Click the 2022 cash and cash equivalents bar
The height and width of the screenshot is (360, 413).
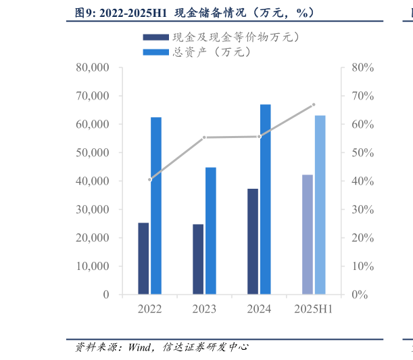pyautogui.click(x=143, y=258)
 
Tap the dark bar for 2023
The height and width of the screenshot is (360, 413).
pyautogui.click(x=198, y=259)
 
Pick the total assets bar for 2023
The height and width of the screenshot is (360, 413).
pyautogui.click(x=211, y=231)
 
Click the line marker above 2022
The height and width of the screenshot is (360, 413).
pyautogui.click(x=149, y=179)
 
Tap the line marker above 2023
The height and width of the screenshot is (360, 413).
pyautogui.click(x=204, y=137)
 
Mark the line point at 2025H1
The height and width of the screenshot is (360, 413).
pyautogui.click(x=314, y=104)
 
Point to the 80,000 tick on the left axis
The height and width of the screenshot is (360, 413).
pyautogui.click(x=93, y=68)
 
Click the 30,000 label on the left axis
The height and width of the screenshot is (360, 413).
pyautogui.click(x=93, y=210)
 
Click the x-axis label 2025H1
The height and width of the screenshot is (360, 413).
pyautogui.click(x=314, y=309)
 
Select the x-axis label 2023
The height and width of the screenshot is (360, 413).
pyautogui.click(x=204, y=309)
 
